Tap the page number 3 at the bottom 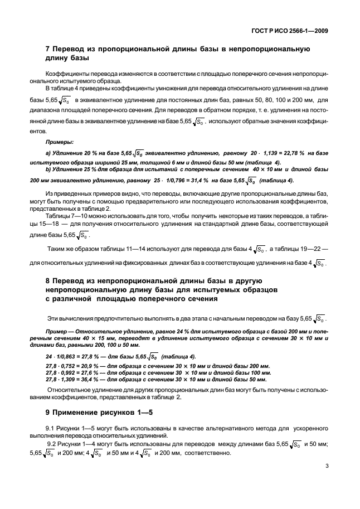[x=325, y=482]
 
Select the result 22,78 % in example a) [x=301, y=152]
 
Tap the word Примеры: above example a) [x=59, y=142]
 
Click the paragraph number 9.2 [x=53, y=443]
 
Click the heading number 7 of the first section [x=47, y=49]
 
